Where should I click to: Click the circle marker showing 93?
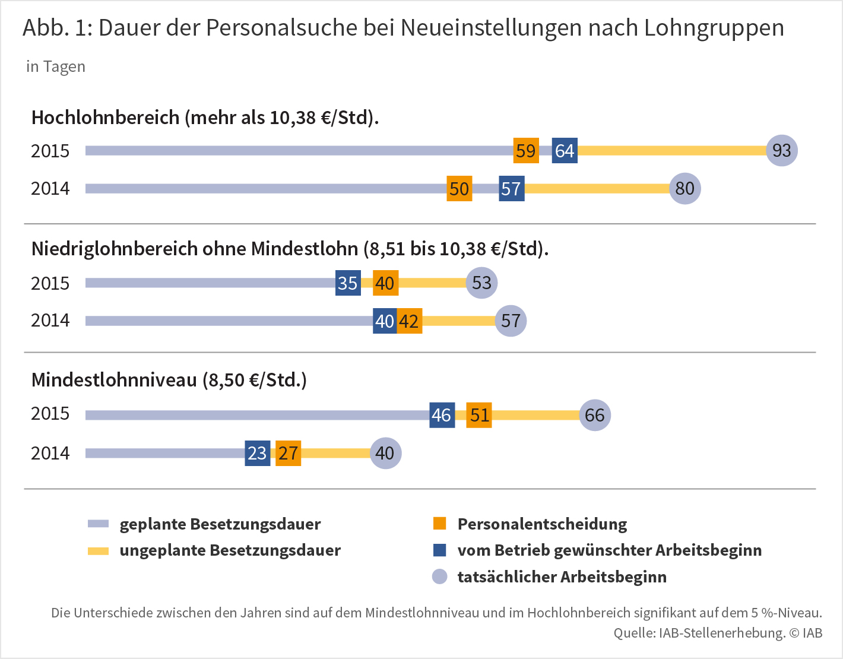(x=782, y=151)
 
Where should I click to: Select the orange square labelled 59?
(x=526, y=151)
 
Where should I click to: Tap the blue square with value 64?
(x=565, y=151)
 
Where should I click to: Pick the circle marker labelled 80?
(x=685, y=189)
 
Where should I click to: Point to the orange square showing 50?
(x=459, y=189)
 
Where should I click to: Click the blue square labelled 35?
(x=348, y=283)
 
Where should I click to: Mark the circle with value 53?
(x=481, y=283)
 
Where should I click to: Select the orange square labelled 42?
(x=410, y=321)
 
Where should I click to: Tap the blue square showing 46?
(x=442, y=415)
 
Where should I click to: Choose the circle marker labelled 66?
(x=595, y=415)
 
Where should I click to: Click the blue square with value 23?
(x=258, y=453)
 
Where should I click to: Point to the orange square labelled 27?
(x=289, y=453)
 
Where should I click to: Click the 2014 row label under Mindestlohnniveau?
(x=50, y=453)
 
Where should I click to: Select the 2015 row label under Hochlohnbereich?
(x=50, y=151)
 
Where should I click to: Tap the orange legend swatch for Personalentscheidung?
(x=439, y=524)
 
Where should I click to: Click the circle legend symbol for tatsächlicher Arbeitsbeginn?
(x=439, y=576)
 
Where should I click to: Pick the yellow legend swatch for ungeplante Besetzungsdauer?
(x=98, y=550)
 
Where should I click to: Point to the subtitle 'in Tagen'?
(x=56, y=66)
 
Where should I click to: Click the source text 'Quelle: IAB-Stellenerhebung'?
(x=699, y=633)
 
